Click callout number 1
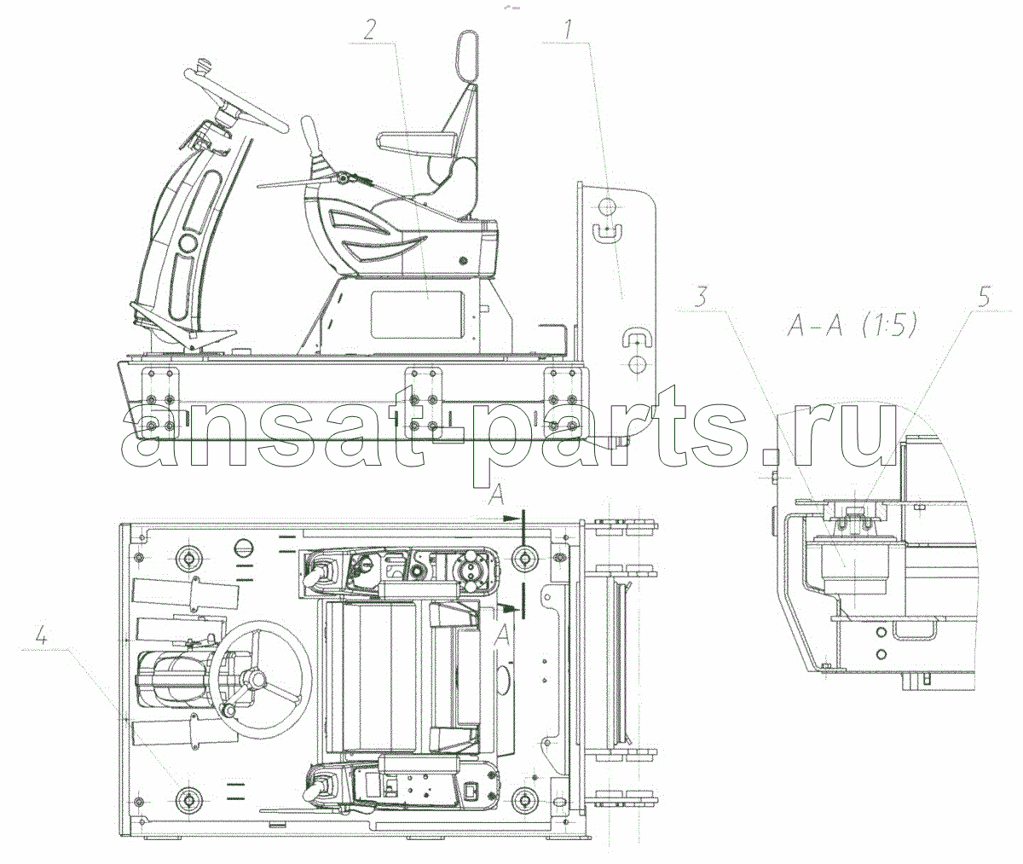pyautogui.click(x=568, y=30)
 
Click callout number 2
pyautogui.click(x=368, y=30)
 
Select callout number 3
pyautogui.click(x=701, y=297)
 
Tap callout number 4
pyautogui.click(x=42, y=637)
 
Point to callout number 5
pyautogui.click(x=984, y=298)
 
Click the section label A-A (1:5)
pyautogui.click(x=852, y=325)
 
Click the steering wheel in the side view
pyautogui.click(x=237, y=100)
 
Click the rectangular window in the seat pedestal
pyautogui.click(x=418, y=315)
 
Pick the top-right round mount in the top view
pyautogui.click(x=525, y=558)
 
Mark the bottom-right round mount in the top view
pyautogui.click(x=525, y=799)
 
